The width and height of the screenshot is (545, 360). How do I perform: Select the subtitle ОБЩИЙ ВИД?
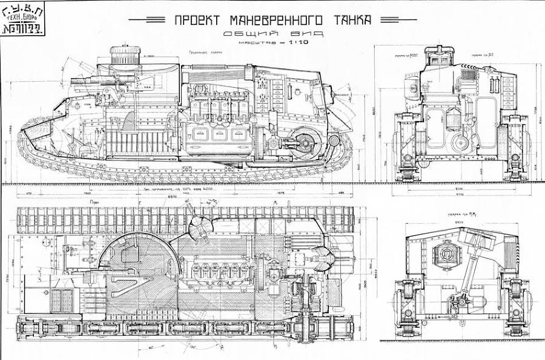point(272,34)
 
